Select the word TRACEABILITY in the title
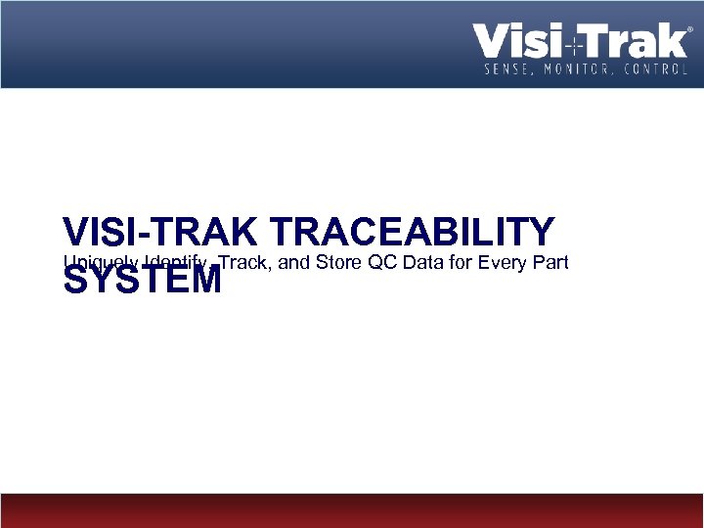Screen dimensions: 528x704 (411, 233)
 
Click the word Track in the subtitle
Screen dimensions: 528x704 (244, 261)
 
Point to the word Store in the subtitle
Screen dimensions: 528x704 (339, 261)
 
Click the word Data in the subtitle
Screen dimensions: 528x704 (420, 261)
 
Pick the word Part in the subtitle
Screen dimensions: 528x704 (550, 261)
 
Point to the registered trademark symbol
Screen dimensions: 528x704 (691, 30)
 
